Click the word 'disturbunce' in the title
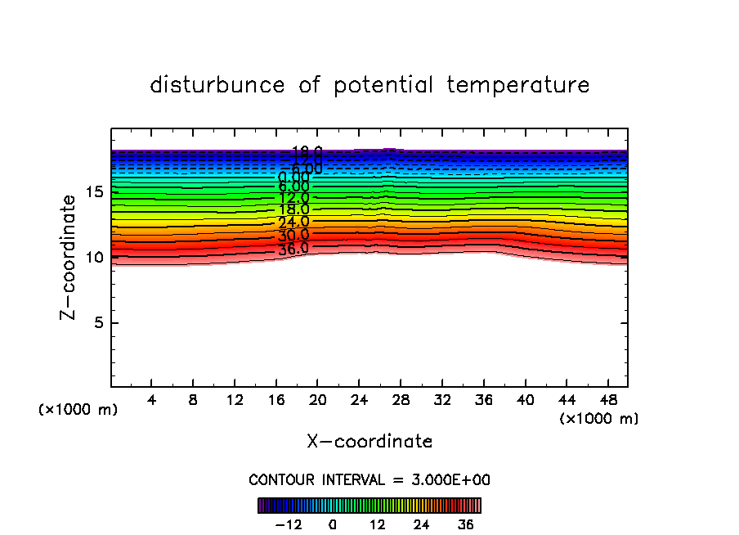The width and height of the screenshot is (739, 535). tap(218, 85)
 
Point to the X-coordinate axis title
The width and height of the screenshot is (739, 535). tap(369, 442)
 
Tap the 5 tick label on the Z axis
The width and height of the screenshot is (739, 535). tap(96, 323)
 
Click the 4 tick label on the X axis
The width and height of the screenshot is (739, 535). tap(151, 402)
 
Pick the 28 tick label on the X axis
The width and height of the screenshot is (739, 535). tap(401, 402)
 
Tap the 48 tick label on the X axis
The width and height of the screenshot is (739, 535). tap(607, 402)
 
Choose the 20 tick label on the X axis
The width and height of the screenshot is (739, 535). tap(317, 402)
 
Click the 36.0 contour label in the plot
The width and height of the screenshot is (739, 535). tap(293, 249)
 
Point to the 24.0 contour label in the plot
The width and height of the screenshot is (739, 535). tap(293, 222)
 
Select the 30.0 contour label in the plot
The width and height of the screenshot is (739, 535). tap(293, 236)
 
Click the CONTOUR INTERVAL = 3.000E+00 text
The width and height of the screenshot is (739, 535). tap(369, 480)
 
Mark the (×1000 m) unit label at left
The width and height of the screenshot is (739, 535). tap(78, 410)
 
